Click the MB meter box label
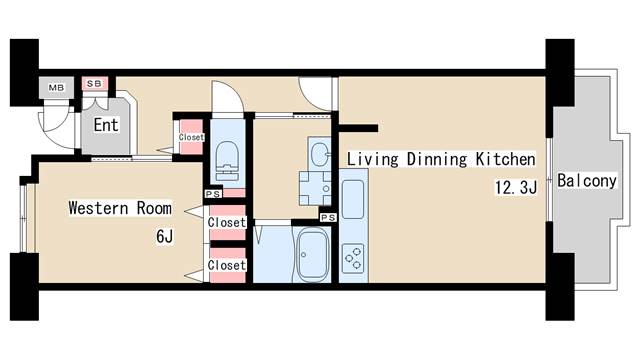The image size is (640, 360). click(x=56, y=88)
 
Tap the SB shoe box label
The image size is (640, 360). click(x=94, y=84)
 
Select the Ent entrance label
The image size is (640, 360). click(x=106, y=125)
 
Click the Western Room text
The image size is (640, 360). click(x=120, y=208)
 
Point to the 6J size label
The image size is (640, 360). click(x=164, y=236)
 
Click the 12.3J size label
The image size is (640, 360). click(x=516, y=188)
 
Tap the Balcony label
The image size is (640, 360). click(x=587, y=180)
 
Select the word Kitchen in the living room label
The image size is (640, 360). click(x=505, y=159)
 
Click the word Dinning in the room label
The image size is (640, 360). click(x=436, y=159)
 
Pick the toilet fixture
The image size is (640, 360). click(x=227, y=161)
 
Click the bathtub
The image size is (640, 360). click(x=313, y=253)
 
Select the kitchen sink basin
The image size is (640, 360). click(x=353, y=200)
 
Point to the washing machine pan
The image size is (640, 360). click(x=315, y=189)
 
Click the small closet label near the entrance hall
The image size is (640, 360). click(x=191, y=137)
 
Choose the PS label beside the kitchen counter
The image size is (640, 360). click(x=328, y=218)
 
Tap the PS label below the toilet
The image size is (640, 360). click(x=213, y=194)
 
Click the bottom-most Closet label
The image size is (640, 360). click(x=227, y=265)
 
